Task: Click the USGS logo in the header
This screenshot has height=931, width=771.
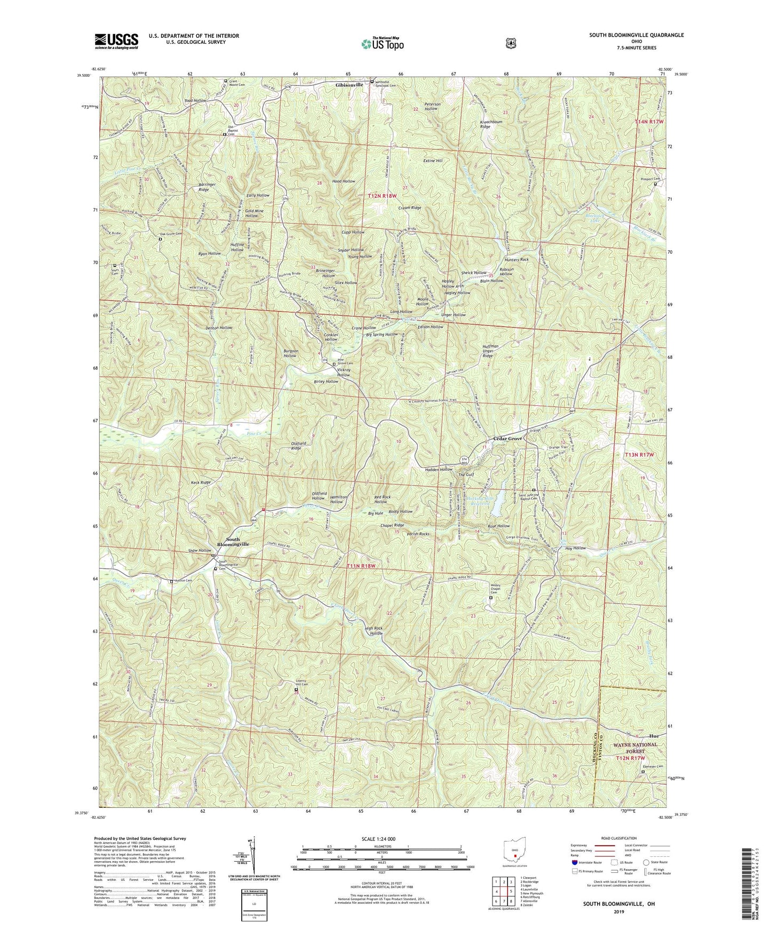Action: (x=116, y=41)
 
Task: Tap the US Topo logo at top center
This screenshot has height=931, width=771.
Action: (x=382, y=44)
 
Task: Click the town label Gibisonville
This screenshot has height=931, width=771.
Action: (x=349, y=85)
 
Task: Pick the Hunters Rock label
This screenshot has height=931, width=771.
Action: (x=516, y=260)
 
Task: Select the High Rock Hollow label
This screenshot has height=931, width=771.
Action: (x=381, y=631)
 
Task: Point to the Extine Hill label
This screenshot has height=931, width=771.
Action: (x=433, y=160)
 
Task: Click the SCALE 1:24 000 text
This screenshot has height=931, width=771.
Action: (x=380, y=839)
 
